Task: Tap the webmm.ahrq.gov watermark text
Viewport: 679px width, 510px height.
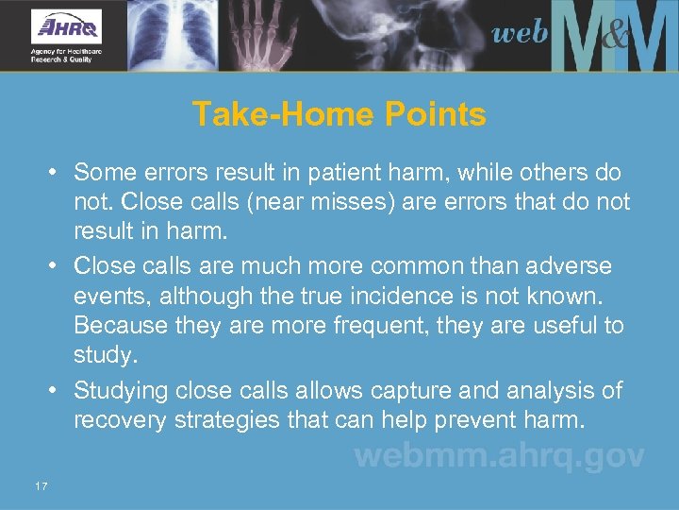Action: pos(499,456)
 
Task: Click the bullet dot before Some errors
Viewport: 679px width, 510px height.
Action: pos(57,173)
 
